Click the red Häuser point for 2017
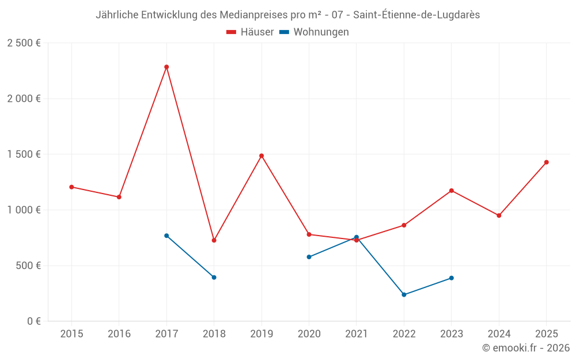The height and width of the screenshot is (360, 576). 166,67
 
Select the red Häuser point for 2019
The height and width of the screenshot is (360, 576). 262,156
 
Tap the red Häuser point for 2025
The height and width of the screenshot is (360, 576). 546,162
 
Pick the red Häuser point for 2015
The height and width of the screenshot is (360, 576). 71,187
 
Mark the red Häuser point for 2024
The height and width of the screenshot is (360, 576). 499,215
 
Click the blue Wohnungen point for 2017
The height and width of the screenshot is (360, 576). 166,236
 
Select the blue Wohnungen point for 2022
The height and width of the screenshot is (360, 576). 404,294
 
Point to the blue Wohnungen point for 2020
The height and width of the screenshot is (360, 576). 309,257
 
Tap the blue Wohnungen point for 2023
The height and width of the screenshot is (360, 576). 452,278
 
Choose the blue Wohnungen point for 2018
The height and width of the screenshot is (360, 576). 214,277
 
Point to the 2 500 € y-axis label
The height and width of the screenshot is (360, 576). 24,43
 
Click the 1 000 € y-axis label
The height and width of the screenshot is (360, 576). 24,210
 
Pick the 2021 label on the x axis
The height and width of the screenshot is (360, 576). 356,334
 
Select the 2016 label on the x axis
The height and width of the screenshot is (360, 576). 119,334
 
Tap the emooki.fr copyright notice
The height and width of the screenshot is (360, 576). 525,347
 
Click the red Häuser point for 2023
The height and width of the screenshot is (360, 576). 452,191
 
